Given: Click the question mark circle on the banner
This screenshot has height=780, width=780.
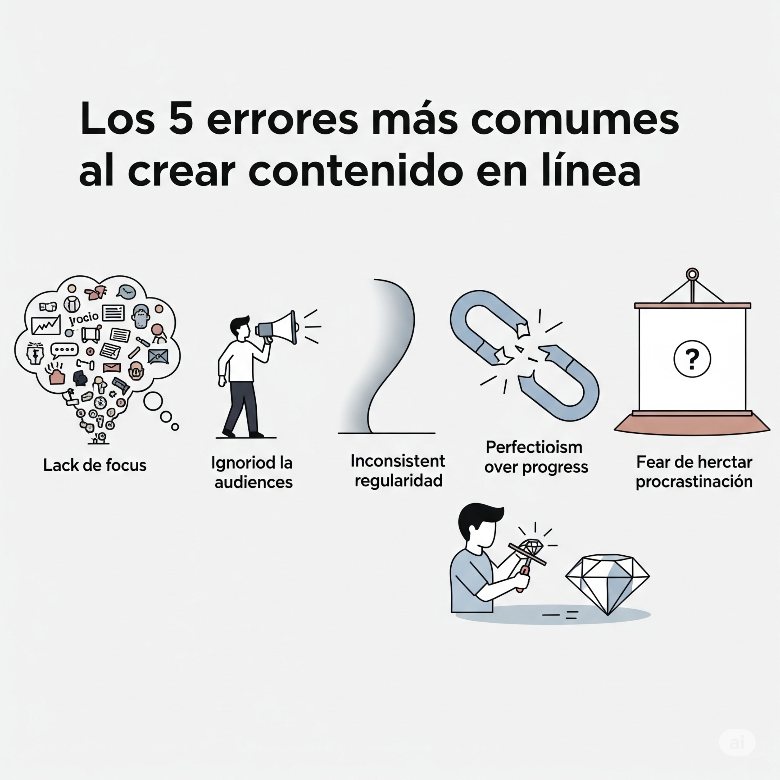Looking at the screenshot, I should click(692, 359).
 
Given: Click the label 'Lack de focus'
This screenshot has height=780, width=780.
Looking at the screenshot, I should click(95, 465).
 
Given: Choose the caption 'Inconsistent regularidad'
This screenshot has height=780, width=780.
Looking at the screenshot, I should click(398, 471).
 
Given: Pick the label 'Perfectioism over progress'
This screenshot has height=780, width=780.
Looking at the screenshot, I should click(536, 457).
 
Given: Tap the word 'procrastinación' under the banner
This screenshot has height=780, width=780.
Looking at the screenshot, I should click(694, 482).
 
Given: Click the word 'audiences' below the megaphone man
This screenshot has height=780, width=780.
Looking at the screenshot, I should click(253, 482).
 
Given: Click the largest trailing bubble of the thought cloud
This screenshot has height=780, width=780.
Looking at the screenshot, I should click(153, 401).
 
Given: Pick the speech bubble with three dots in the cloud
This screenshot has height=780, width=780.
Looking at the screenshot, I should click(64, 350).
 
